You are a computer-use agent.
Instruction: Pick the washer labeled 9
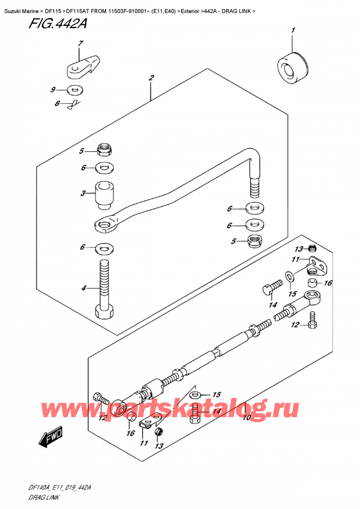click(76, 91)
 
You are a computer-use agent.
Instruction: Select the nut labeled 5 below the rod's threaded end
click(257, 242)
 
